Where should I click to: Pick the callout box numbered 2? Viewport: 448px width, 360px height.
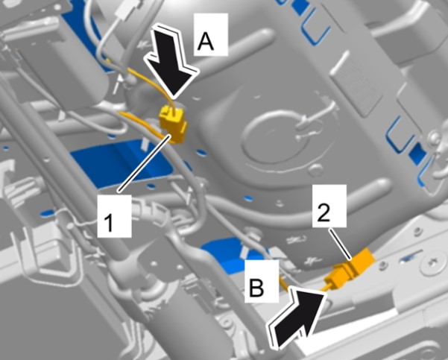[x=329, y=206]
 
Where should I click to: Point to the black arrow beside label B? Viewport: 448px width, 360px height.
[x=297, y=318]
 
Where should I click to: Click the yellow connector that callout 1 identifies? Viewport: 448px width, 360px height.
[x=173, y=124]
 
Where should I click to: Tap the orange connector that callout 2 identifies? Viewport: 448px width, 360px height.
[x=351, y=268]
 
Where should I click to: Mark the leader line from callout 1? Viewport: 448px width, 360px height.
[x=145, y=164]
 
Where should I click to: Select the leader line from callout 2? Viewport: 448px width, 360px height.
[x=340, y=244]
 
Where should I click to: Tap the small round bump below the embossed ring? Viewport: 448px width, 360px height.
[x=315, y=170]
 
